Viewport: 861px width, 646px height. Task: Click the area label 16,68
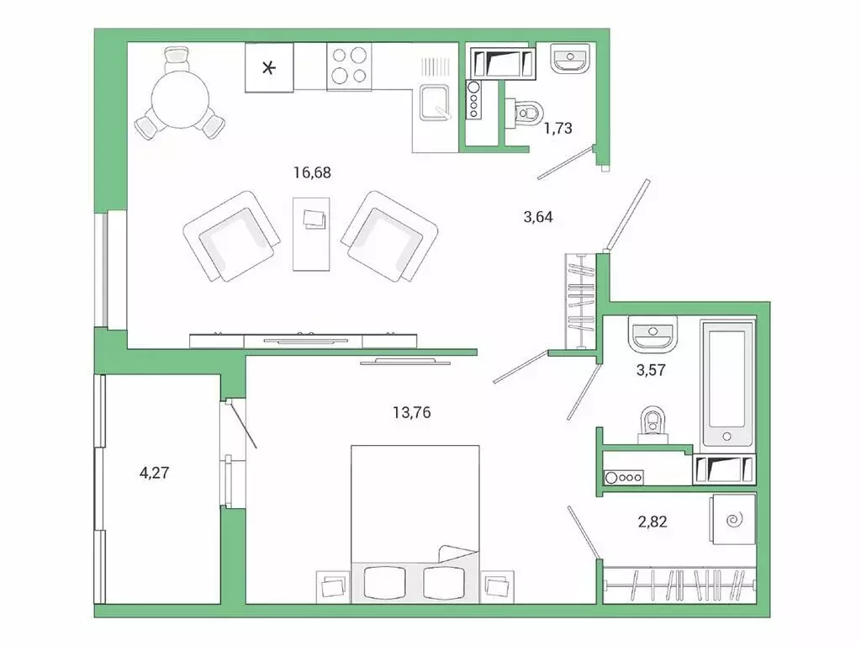point(312,172)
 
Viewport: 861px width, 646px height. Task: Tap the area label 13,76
point(412,412)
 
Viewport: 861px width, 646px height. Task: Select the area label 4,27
point(155,473)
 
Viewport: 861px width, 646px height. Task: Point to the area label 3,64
point(538,217)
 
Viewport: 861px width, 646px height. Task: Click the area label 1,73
point(558,128)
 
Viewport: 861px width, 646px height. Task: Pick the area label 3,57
point(652,370)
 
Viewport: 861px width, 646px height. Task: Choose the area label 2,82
point(652,522)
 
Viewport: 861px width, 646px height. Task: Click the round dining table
point(180,101)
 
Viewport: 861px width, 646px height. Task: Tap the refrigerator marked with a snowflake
point(269,67)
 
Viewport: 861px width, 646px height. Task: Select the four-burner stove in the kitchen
point(349,66)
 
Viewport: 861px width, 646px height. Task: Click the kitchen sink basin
point(435,102)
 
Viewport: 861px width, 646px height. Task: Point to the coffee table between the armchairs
point(311,234)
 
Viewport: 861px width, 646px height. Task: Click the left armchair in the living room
point(231,236)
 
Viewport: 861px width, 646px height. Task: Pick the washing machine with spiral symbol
point(733,519)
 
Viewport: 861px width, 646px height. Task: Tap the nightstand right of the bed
point(497,587)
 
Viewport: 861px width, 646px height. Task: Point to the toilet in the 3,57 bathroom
point(652,425)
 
